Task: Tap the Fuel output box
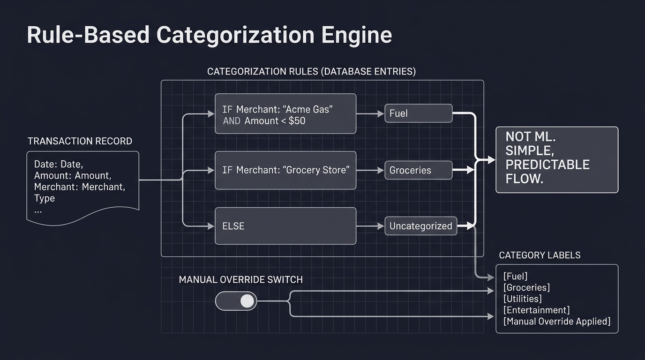(418, 113)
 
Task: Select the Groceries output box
(418, 170)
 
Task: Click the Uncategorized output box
(420, 226)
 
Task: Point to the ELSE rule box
(285, 226)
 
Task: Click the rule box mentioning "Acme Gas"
(285, 114)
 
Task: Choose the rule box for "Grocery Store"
(285, 170)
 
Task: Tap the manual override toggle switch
(236, 301)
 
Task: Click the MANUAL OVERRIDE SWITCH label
(240, 280)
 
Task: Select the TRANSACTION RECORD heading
(80, 141)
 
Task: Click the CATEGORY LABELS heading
(540, 255)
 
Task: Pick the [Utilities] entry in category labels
(522, 299)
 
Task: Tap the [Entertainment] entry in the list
(536, 310)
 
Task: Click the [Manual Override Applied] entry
(557, 322)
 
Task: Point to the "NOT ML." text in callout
(530, 137)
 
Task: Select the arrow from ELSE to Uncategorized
(370, 226)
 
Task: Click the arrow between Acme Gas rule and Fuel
(370, 113)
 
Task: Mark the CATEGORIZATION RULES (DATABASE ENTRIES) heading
(311, 72)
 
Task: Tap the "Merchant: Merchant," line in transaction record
(79, 187)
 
